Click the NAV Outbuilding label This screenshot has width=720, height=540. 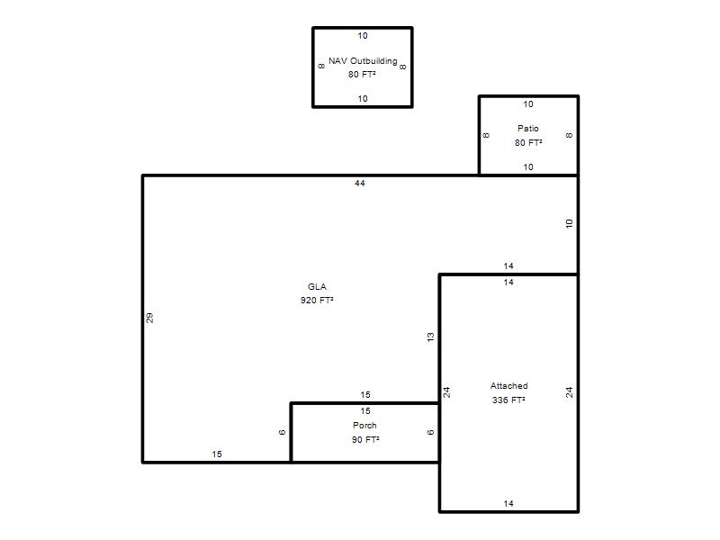click(363, 60)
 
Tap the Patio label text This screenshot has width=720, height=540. click(528, 128)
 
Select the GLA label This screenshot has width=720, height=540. click(317, 286)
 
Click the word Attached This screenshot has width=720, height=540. click(508, 386)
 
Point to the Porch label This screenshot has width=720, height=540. click(364, 425)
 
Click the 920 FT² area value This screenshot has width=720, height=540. click(317, 301)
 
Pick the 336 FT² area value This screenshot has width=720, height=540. click(508, 400)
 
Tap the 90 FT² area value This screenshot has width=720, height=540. click(365, 439)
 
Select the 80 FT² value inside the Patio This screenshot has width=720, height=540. click(528, 142)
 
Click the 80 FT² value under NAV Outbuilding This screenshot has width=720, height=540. click(362, 74)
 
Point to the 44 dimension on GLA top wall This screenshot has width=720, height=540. click(359, 184)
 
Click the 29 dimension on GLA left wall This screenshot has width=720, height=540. click(149, 318)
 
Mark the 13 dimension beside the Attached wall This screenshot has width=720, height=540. click(430, 337)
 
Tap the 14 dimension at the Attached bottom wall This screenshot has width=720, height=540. click(508, 503)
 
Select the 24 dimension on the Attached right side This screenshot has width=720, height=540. click(570, 392)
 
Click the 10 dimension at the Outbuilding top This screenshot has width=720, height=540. click(363, 35)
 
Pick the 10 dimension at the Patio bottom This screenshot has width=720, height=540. click(528, 167)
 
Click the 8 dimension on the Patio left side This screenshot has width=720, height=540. click(486, 136)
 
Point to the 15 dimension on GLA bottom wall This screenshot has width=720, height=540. click(217, 454)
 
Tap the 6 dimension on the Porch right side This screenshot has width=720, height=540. click(430, 432)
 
